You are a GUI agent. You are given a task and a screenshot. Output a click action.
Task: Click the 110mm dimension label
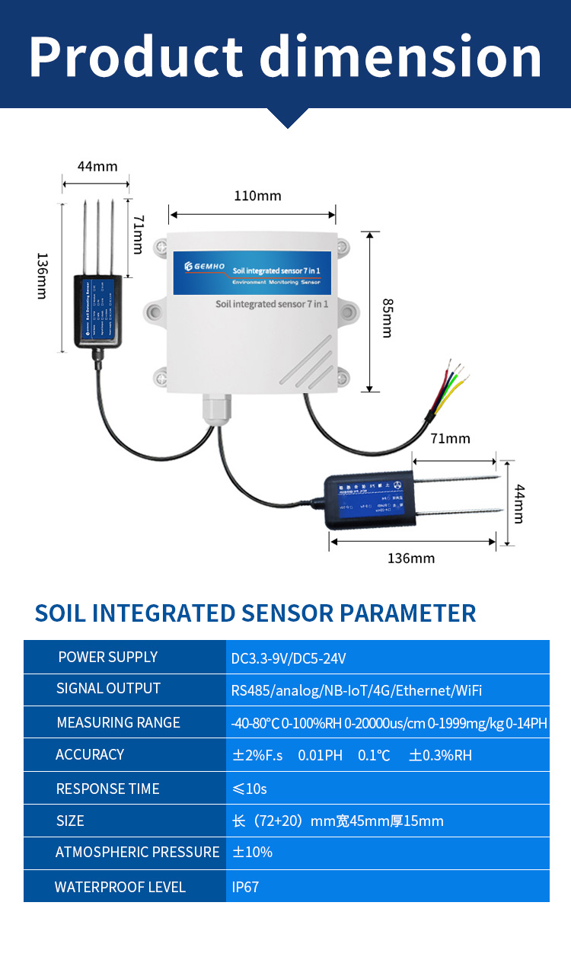tap(257, 196)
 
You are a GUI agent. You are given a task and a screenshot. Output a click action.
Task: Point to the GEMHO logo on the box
tap(200, 266)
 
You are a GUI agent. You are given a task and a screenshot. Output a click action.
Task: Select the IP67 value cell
tap(245, 888)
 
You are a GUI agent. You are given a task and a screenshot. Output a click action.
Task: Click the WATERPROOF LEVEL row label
tap(120, 887)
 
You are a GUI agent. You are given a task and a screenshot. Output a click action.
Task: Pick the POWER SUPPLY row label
tap(107, 658)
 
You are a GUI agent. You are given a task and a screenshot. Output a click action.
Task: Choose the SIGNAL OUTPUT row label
tap(108, 689)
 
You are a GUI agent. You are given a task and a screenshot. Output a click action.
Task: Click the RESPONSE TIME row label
tap(107, 789)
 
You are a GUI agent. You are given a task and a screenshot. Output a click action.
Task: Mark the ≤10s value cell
tap(249, 789)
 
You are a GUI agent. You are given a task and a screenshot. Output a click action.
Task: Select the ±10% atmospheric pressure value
tap(252, 853)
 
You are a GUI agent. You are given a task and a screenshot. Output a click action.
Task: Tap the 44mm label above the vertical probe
tap(97, 166)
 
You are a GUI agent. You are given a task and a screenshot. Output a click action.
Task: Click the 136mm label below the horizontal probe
tap(411, 558)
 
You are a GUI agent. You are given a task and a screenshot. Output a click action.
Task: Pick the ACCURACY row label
tap(89, 755)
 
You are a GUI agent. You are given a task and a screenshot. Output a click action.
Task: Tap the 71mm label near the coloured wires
tap(450, 438)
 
